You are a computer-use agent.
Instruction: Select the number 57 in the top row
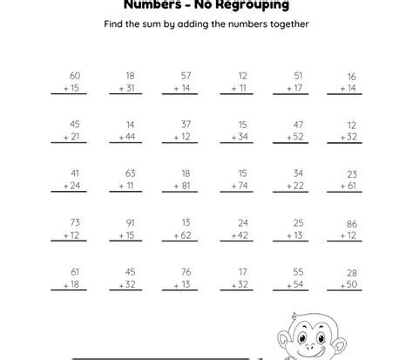tap(186, 77)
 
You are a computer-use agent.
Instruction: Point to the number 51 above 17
tap(298, 77)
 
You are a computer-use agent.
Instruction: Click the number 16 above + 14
tap(351, 77)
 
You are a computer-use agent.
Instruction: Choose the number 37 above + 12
tap(186, 125)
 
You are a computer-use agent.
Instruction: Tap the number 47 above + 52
tap(298, 125)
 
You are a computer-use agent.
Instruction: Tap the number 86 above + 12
tap(351, 222)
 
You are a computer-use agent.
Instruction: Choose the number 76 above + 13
tap(186, 271)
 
